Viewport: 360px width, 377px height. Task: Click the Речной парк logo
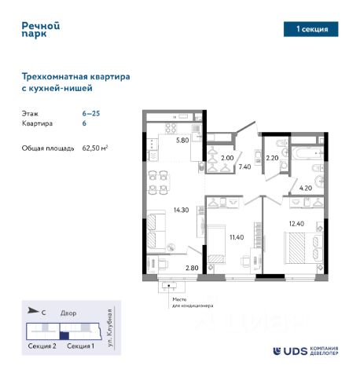41,30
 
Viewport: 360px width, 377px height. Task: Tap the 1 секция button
310,29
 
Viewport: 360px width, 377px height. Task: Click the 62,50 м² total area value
95,148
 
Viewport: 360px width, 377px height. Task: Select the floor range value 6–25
91,113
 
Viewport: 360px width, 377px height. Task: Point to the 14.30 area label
182,210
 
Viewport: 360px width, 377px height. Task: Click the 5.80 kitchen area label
182,140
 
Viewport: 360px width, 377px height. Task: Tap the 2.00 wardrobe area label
227,158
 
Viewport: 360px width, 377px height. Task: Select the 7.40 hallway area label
244,167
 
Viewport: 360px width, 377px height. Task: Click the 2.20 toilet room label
272,158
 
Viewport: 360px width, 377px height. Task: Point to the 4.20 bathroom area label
306,188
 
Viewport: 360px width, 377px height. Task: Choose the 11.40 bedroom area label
237,237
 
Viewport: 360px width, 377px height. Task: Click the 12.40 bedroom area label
296,224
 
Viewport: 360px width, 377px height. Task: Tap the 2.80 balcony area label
192,268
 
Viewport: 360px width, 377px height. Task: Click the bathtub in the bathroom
307,152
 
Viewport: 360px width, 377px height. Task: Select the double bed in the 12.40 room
303,247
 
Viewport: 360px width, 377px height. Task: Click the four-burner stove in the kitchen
171,128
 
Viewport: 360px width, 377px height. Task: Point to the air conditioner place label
193,302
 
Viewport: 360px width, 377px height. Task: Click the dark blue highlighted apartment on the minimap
64,335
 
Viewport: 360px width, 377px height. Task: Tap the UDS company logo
306,351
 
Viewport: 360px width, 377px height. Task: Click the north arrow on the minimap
33,311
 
